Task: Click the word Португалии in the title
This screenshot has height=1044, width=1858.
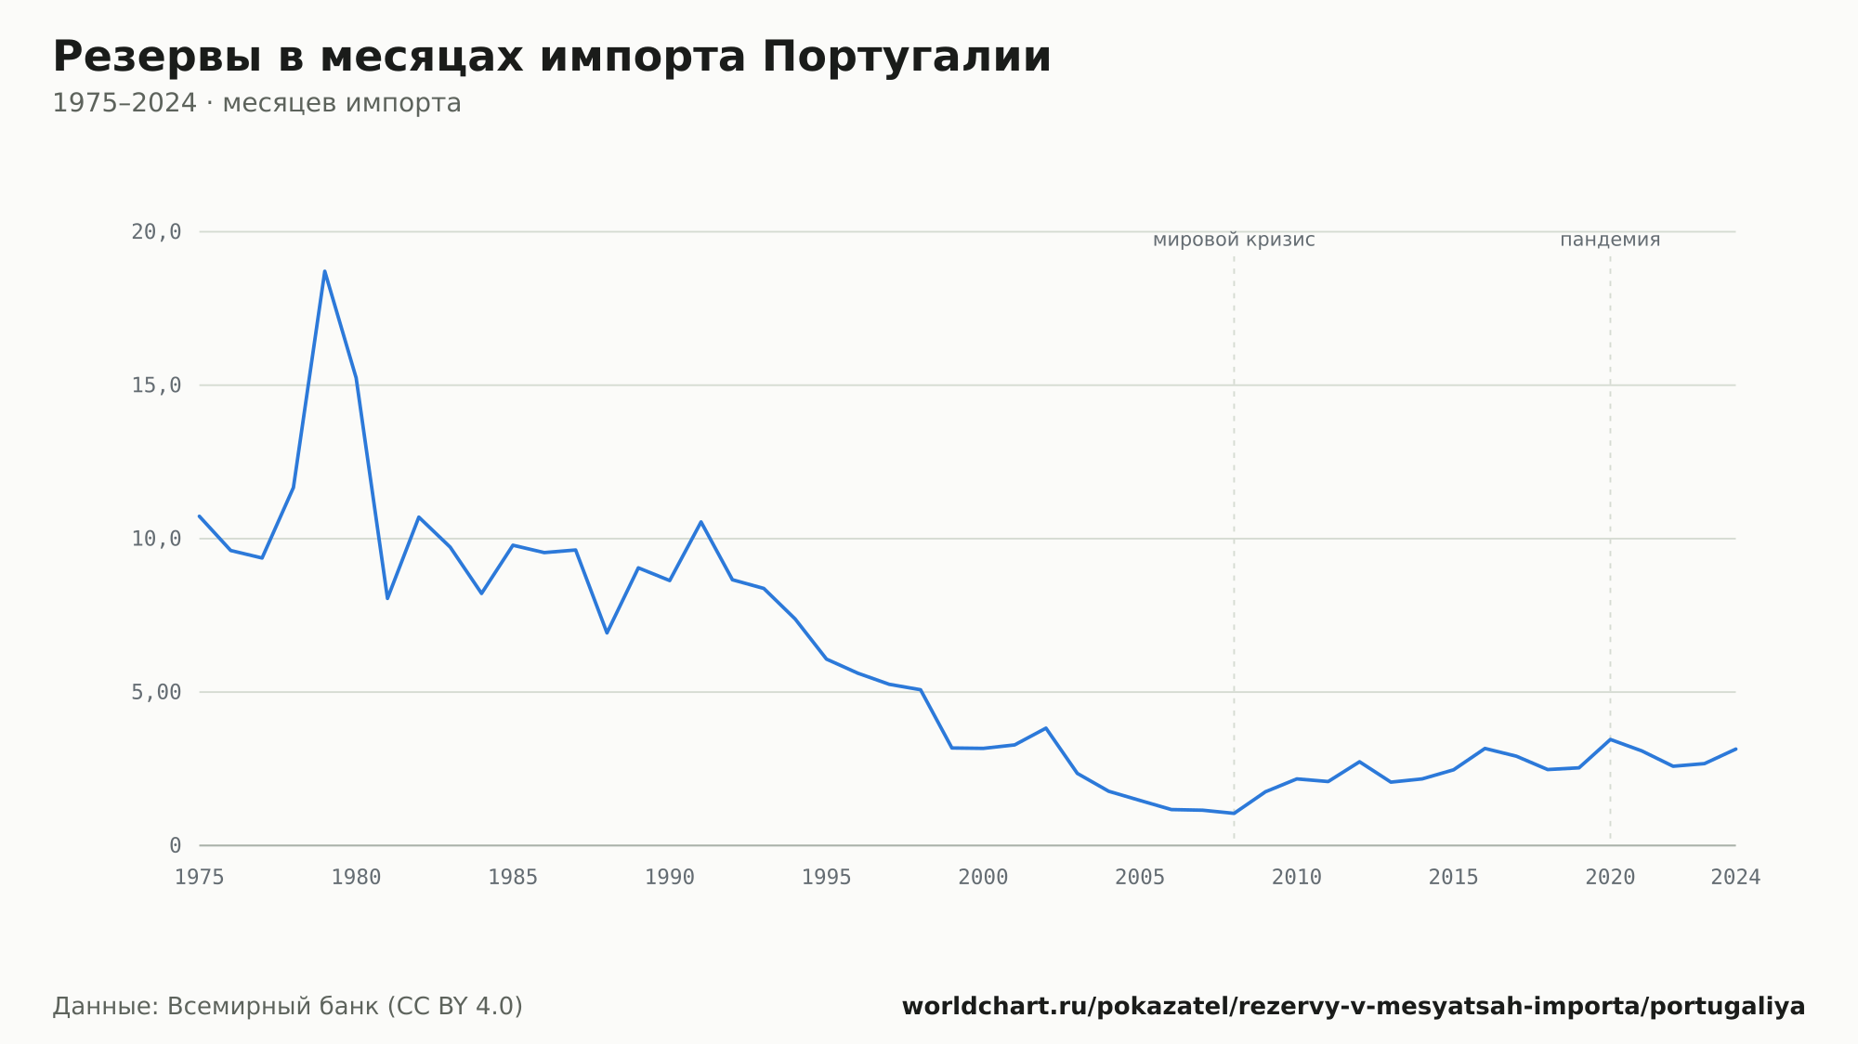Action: (x=907, y=58)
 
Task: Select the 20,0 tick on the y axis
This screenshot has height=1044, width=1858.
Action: (x=156, y=232)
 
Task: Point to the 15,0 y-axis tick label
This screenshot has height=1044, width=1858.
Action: (x=156, y=385)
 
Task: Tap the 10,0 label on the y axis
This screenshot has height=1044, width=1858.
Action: (x=156, y=539)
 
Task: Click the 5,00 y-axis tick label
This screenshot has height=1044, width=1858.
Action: (x=156, y=692)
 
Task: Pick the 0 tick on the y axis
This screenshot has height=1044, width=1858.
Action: (x=176, y=845)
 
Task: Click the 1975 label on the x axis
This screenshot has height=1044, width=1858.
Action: (x=200, y=878)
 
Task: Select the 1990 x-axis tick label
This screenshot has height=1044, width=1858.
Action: (x=670, y=878)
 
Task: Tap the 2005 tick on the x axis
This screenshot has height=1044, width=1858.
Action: (x=1140, y=878)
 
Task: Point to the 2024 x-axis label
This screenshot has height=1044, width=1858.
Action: (x=1735, y=878)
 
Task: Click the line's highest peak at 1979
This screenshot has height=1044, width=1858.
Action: (x=324, y=271)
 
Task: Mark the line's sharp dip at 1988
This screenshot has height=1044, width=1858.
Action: (x=607, y=633)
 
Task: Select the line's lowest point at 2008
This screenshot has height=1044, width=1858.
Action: (x=1234, y=814)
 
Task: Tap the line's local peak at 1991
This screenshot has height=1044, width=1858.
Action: (x=701, y=522)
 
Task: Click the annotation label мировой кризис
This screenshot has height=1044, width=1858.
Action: (x=1234, y=240)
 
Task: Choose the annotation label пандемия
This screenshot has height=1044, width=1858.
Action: (x=1610, y=240)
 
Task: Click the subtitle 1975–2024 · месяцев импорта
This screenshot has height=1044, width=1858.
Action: (x=256, y=103)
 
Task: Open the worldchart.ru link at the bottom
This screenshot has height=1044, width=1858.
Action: (x=1354, y=1006)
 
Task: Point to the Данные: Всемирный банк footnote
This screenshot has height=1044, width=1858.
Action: (x=288, y=1006)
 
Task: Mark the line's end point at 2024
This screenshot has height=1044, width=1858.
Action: (x=1735, y=749)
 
